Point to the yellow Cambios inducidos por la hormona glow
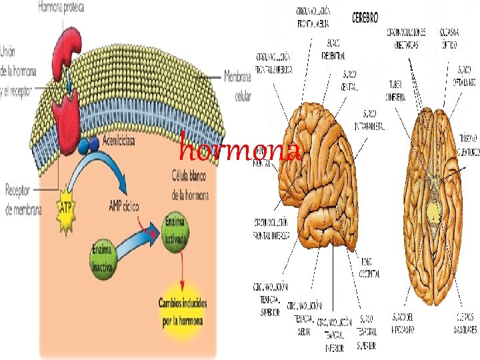183,312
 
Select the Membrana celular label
239,85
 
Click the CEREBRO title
366,14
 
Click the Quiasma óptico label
448,39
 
